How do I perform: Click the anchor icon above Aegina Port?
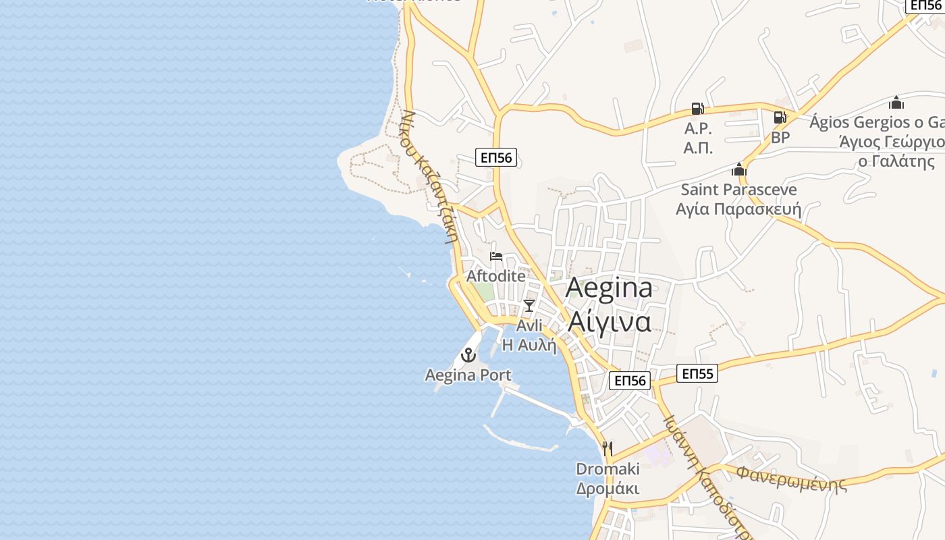coord(468,354)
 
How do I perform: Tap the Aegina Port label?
coord(468,375)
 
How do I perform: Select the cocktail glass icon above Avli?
coord(529,306)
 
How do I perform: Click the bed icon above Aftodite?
coord(496,256)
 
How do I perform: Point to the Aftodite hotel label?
coord(496,276)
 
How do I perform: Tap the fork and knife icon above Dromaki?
coord(607,448)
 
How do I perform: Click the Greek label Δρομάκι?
coord(607,489)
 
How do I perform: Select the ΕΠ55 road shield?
coord(697,373)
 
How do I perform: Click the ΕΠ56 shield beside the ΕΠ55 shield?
coord(630,381)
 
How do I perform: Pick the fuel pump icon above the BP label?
coord(780,117)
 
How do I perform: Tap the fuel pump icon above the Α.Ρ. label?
coord(697,109)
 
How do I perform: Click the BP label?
coord(780,138)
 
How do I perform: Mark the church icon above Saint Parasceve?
coord(739,169)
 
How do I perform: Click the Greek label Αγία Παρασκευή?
coord(738,209)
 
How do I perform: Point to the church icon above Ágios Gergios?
coord(896,103)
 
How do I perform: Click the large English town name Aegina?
coord(609,288)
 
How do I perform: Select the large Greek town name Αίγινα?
coord(609,321)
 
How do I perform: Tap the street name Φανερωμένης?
coord(791,478)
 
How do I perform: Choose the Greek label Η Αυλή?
coord(529,345)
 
